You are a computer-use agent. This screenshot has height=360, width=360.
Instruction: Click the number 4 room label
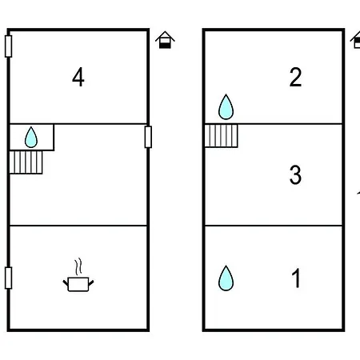tap(78, 77)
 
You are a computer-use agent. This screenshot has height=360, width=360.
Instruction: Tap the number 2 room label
tap(295, 77)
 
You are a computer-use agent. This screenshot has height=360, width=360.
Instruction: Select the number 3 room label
tap(295, 174)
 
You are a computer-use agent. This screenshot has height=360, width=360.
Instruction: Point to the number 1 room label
tap(296, 278)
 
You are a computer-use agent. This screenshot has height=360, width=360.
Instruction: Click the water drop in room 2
tap(226, 107)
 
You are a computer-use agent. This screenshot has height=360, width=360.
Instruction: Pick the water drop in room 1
tap(226, 278)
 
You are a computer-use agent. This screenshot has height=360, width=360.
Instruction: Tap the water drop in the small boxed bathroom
tap(31, 138)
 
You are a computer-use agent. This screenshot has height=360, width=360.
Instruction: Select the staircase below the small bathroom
tap(26, 162)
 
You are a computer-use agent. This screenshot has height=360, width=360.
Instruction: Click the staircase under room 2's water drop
tap(221, 136)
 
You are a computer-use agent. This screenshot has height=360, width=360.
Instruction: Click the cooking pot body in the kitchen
tap(78, 285)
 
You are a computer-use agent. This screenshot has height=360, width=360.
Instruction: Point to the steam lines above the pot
tap(78, 266)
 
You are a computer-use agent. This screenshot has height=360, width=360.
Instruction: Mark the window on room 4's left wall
tap(8, 46)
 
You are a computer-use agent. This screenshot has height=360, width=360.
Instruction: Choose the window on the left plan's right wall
tap(148, 137)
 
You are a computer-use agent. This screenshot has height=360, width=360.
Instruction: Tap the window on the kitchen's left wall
tap(8, 278)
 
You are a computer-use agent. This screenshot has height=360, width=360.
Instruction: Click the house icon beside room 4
tap(165, 40)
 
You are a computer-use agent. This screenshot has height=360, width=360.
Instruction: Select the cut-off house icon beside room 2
tap(355, 40)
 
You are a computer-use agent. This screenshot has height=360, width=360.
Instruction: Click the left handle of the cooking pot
tap(66, 282)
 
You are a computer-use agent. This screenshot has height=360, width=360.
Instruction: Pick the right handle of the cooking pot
tap(91, 282)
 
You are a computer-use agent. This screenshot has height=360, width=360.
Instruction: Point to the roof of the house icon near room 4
tap(165, 36)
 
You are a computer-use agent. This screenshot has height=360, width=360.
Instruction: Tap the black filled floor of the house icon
tap(165, 46)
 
